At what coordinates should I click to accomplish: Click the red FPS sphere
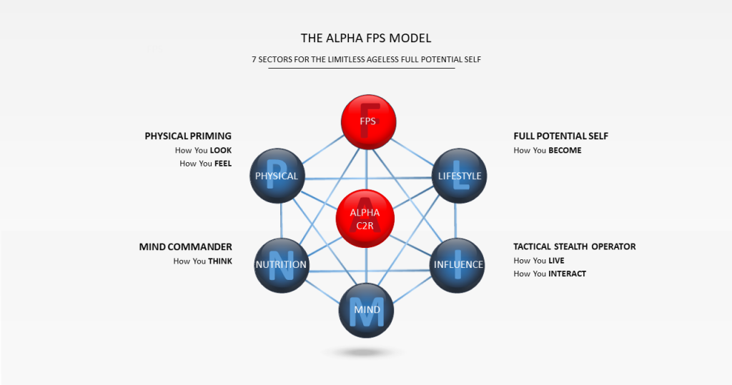(367, 121)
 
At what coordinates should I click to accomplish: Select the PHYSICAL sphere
(277, 176)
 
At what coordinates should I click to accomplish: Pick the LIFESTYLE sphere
(459, 176)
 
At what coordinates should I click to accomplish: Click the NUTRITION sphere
(280, 264)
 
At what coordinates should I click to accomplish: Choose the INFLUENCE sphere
(458, 264)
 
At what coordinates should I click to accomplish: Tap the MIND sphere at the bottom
(365, 309)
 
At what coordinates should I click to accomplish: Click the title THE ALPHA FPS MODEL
(365, 37)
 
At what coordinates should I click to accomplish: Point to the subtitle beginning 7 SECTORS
(366, 59)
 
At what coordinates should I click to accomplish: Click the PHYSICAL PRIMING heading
(188, 136)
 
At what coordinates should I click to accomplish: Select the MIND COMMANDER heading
(185, 247)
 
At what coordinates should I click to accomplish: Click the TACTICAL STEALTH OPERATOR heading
(574, 246)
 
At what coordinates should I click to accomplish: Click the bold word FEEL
(223, 164)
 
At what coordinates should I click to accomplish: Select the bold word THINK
(219, 261)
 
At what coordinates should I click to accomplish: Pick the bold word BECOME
(565, 151)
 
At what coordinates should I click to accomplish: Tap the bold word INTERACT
(567, 274)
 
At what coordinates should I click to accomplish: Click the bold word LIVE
(556, 261)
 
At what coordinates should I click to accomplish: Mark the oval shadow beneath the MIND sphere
(365, 353)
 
